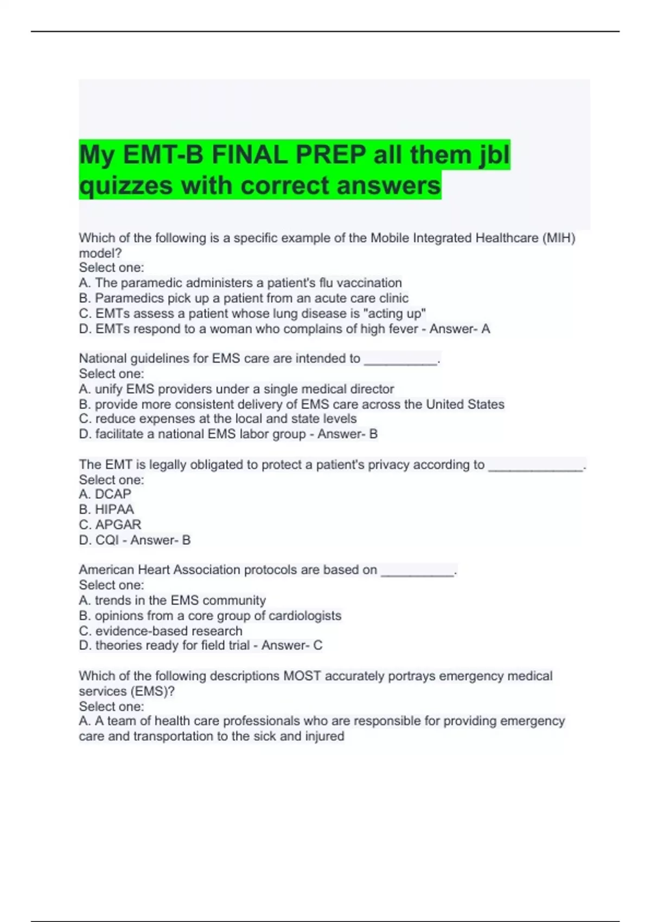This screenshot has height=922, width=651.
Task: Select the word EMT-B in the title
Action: (163, 156)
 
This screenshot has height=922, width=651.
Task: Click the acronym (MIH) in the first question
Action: (559, 238)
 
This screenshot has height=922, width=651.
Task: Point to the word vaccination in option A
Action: (369, 283)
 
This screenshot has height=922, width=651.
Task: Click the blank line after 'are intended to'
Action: (400, 359)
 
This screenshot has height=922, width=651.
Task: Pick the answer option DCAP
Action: (113, 495)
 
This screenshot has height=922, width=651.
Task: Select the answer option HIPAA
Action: (114, 510)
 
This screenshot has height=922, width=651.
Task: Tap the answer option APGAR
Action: (118, 525)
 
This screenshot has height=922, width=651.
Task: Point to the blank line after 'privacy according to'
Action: (535, 465)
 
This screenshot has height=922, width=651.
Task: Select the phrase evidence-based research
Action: (169, 631)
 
